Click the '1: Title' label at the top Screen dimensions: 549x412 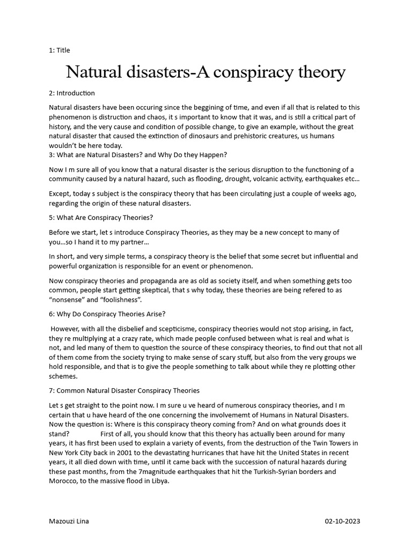point(60,50)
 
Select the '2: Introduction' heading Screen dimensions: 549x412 point(72,93)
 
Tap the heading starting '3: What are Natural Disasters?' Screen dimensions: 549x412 point(138,155)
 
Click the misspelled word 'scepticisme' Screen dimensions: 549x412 point(174,329)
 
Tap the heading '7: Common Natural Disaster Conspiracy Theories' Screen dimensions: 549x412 point(124,390)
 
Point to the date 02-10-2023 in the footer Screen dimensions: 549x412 point(343,522)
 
